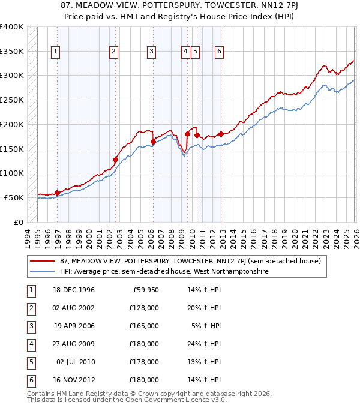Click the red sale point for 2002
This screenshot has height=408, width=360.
[115, 160]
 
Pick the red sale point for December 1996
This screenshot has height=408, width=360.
[58, 193]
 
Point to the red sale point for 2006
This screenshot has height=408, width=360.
[153, 142]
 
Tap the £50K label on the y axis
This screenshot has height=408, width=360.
[14, 197]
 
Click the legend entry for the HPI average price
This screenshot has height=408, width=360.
[164, 271]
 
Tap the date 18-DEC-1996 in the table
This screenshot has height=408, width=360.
[74, 290]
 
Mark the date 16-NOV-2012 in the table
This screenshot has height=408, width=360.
[74, 380]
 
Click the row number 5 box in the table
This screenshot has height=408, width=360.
[29, 362]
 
